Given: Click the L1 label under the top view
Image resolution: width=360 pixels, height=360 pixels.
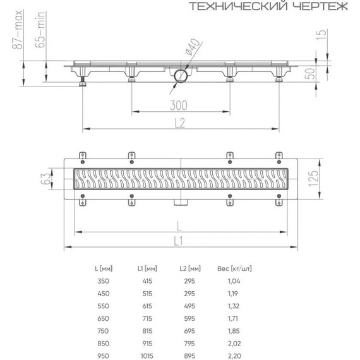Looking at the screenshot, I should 178,240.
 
